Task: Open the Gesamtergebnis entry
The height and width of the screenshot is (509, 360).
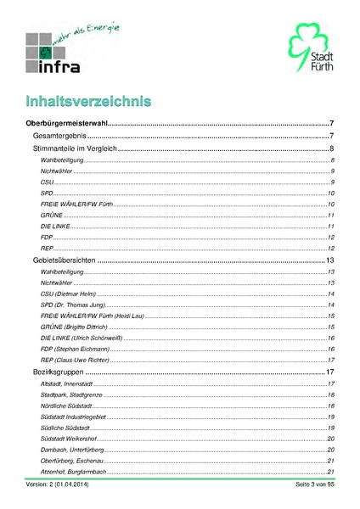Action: (x=60, y=137)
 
